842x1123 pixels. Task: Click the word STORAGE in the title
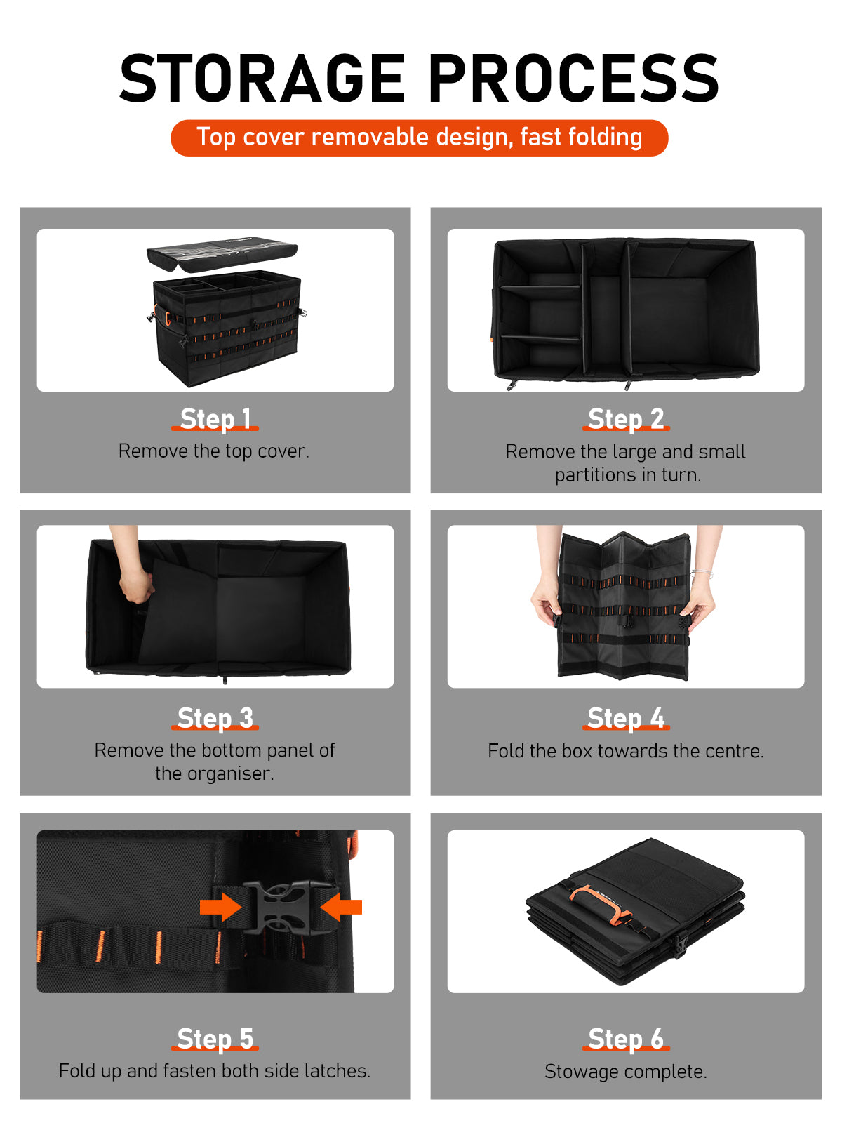click(262, 79)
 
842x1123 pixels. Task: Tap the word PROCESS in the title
click(574, 79)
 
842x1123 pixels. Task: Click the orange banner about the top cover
click(419, 138)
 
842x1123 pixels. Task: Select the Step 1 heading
click(215, 419)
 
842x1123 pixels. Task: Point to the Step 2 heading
click(626, 419)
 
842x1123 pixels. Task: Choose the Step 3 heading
click(215, 718)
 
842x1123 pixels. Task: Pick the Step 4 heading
click(626, 718)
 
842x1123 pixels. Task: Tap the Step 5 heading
click(215, 1039)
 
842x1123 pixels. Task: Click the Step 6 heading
click(626, 1039)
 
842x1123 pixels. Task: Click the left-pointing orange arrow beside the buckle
click(341, 907)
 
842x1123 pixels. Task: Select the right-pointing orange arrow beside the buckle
click(220, 907)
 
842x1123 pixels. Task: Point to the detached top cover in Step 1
click(222, 254)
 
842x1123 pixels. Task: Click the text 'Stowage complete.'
click(626, 1071)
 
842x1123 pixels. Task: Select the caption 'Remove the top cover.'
click(214, 451)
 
